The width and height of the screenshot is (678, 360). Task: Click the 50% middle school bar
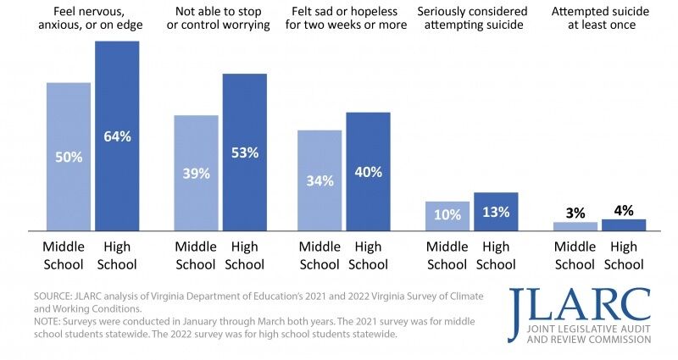(68, 156)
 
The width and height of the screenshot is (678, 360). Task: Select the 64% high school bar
(117, 136)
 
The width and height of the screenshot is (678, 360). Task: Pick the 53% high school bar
(244, 152)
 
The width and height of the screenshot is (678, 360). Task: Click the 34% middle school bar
(320, 180)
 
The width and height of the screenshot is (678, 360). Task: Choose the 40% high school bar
(368, 171)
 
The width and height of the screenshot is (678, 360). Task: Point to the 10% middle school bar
(447, 215)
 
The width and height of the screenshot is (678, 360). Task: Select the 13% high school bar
(495, 211)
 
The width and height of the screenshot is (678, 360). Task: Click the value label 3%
(575, 213)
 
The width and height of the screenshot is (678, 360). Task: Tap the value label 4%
(623, 210)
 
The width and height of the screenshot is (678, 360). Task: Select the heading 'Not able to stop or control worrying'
(220, 19)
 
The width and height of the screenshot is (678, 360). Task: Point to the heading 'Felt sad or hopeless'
(344, 19)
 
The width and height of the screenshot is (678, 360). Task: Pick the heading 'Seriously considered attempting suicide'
(471, 19)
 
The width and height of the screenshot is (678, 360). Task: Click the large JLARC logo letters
(581, 304)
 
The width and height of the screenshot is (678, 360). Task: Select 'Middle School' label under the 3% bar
(575, 256)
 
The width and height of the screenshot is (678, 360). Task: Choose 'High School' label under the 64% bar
(117, 256)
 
